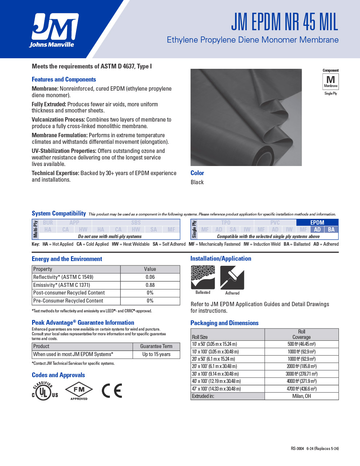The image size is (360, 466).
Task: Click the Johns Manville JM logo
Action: pos(55,30)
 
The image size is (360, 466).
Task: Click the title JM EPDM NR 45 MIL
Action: pos(285,22)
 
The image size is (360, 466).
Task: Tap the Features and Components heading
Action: pos(64,79)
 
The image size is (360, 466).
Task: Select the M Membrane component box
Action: pos(331,81)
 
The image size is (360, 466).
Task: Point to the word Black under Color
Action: pos(197,182)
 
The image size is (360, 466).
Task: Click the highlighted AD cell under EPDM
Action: pos(317,229)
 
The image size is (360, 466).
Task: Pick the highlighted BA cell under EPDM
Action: pos(331,229)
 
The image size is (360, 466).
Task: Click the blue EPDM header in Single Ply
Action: pos(317,222)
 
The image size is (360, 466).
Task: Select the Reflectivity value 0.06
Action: pos(150,277)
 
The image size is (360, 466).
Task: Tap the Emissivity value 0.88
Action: pos(150,285)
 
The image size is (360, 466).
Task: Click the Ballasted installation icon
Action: pos(203,277)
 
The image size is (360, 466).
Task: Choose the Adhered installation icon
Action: pos(232,278)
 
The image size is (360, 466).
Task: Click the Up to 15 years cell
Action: pos(156,354)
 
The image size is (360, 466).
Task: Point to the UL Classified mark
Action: pos(45,391)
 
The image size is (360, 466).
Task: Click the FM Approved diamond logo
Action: pos(79,391)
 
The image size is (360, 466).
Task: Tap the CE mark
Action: pos(112,391)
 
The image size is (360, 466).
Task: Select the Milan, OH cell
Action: pos(301,396)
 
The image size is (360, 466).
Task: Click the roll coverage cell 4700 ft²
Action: pos(301,389)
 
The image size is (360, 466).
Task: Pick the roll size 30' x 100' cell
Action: pos(215,374)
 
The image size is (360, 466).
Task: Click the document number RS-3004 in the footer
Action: pos(297,449)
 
